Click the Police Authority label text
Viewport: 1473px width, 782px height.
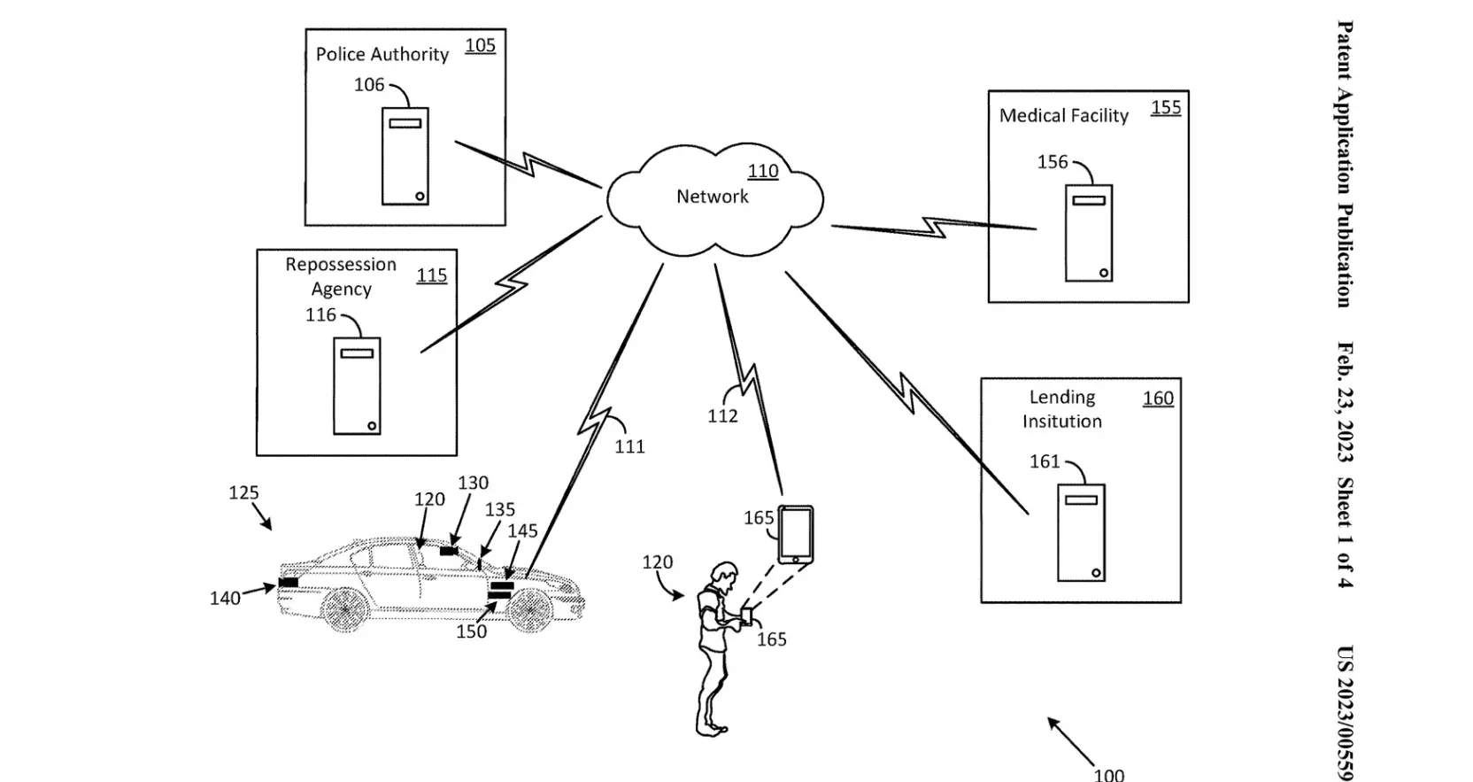(x=382, y=55)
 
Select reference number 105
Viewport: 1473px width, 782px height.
(x=480, y=45)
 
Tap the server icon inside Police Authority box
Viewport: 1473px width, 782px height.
(x=405, y=157)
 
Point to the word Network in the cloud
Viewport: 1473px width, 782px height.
(x=712, y=197)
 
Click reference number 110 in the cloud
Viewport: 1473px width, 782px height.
(x=762, y=171)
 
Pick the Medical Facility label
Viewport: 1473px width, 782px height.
(x=1063, y=116)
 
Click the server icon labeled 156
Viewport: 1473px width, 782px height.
(x=1088, y=233)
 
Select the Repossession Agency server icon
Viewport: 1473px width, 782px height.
(x=357, y=386)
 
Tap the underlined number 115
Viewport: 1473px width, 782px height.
(x=431, y=275)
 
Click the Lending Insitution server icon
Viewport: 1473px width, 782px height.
(x=1081, y=532)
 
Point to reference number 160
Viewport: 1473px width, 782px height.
(x=1158, y=399)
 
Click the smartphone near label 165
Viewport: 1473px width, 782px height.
(x=795, y=534)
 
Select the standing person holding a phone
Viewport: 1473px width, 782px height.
(x=715, y=647)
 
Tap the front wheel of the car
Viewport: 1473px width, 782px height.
(x=529, y=609)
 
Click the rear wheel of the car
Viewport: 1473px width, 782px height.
(x=345, y=609)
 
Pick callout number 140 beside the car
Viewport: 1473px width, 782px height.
(x=225, y=599)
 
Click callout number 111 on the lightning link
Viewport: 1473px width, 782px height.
(x=629, y=447)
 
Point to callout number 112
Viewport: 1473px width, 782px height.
(x=722, y=416)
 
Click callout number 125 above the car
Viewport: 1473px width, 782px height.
(x=243, y=493)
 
